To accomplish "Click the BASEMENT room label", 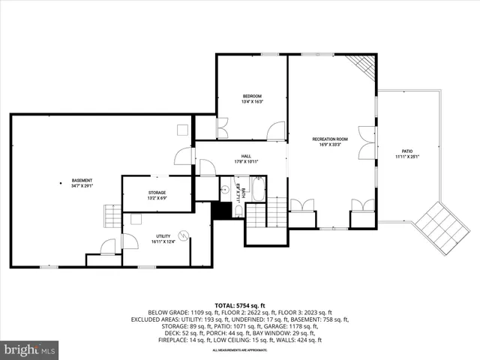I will (82, 181).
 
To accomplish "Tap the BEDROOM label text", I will (252, 97).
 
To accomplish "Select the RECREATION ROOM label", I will (331, 139).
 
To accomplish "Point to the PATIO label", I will (407, 151).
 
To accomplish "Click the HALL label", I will (246, 156).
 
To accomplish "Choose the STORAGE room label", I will (157, 192).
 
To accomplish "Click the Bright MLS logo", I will (30, 349).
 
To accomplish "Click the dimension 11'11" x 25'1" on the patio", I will (407, 157).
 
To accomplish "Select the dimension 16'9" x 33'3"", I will (331, 145).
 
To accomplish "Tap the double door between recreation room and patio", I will (367, 142).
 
